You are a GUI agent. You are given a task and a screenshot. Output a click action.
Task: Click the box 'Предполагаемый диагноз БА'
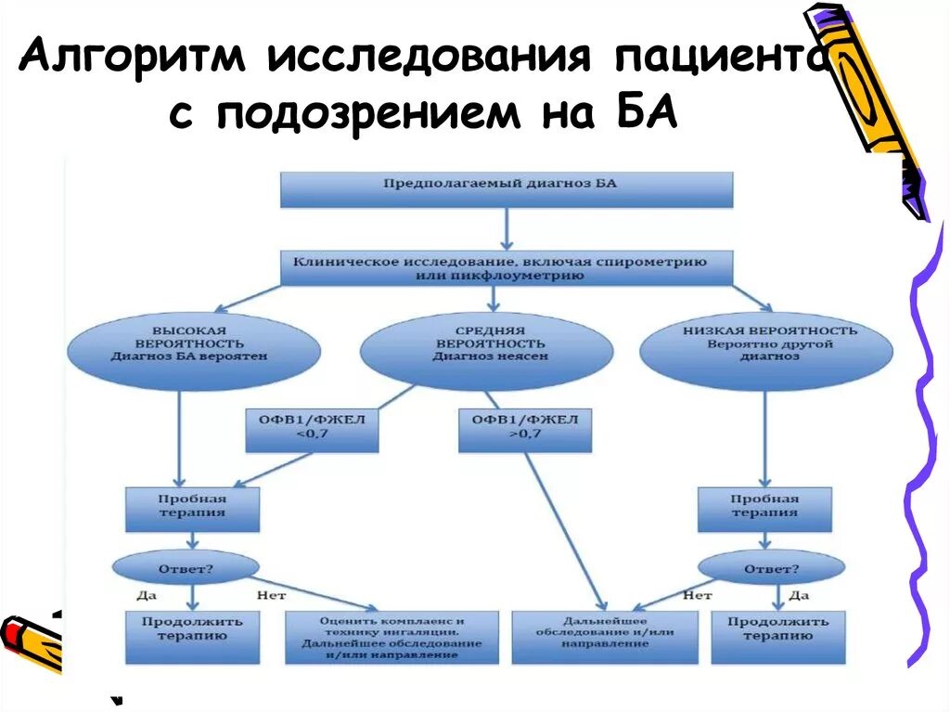click(507, 189)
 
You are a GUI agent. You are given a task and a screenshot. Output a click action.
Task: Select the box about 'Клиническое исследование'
click(507, 268)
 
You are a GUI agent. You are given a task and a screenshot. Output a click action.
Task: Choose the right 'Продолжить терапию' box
click(770, 636)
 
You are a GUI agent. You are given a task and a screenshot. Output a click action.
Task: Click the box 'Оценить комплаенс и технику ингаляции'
click(392, 637)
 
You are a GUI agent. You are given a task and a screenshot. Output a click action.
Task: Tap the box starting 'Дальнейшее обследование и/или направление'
click(605, 637)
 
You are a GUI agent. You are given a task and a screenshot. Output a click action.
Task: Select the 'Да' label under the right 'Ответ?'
click(801, 596)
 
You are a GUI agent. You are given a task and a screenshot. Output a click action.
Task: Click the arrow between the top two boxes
click(507, 228)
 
